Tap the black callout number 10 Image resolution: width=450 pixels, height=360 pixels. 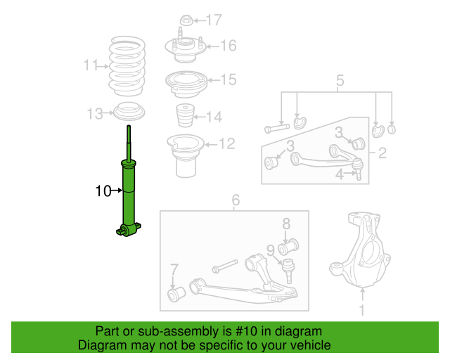[103, 191]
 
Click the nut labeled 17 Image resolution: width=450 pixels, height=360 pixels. [186, 20]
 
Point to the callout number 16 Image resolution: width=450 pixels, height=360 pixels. [228, 46]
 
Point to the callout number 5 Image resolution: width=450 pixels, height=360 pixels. [340, 82]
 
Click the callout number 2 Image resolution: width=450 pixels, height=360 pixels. [382, 153]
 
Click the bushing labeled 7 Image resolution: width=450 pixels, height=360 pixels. [176, 292]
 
